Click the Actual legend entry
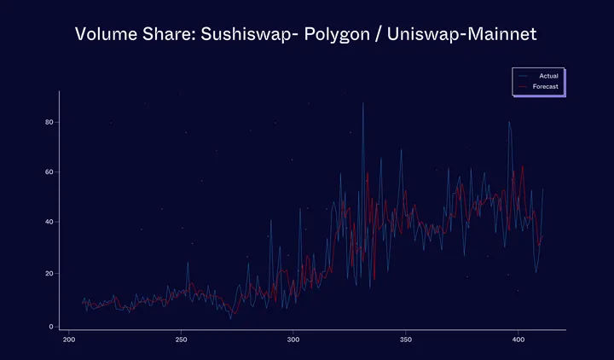tap(548, 77)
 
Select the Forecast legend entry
tap(546, 87)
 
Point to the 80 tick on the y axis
tap(49, 122)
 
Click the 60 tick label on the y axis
tap(49, 172)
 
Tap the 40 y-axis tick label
tap(49, 222)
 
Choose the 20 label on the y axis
tap(49, 274)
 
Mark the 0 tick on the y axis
tap(51, 327)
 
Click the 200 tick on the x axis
tap(68, 341)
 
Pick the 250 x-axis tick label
tap(181, 341)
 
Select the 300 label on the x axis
tap(293, 341)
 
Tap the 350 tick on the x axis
tap(405, 341)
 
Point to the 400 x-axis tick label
tap(518, 341)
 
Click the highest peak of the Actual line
tap(363, 103)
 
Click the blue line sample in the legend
tap(521, 77)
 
